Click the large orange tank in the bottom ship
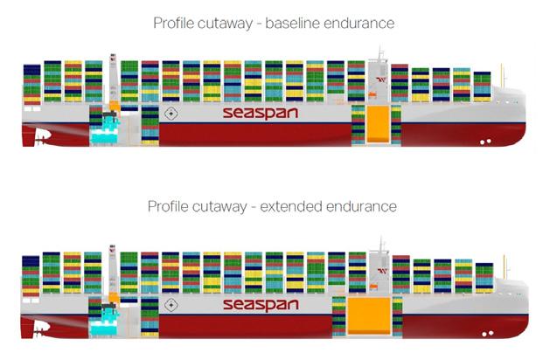369,315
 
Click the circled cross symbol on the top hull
172,114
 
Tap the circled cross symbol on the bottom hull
172,305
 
